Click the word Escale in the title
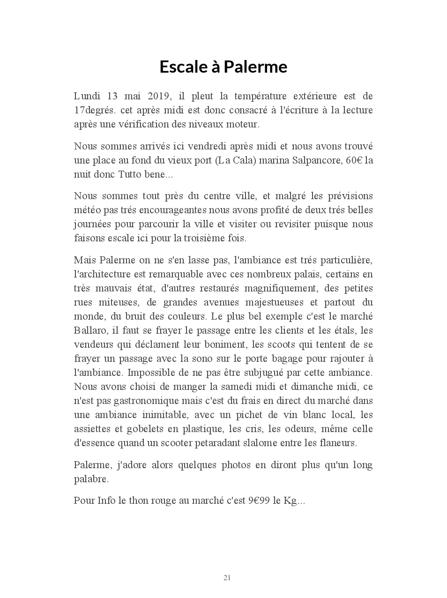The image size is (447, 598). pos(183,67)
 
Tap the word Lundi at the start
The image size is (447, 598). pos(87,96)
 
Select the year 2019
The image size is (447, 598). pos(160,96)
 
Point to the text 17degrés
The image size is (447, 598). pos(95,110)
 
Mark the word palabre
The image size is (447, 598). pos(91,479)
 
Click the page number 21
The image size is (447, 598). pos(227,578)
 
